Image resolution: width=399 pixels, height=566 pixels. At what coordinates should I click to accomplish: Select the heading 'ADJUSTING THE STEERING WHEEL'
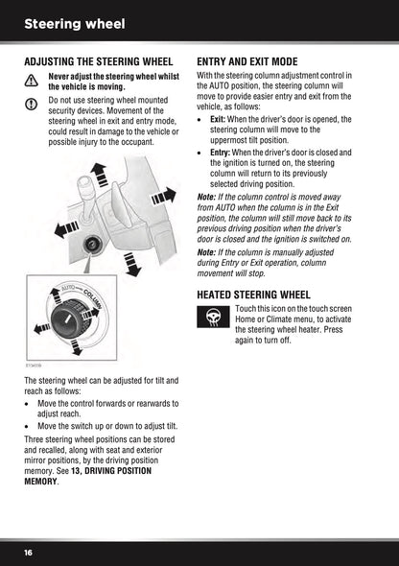pos(98,61)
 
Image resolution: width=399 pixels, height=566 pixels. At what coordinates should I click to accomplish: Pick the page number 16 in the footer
pos(30,553)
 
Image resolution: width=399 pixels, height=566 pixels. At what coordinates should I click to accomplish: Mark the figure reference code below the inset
pos(34,365)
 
